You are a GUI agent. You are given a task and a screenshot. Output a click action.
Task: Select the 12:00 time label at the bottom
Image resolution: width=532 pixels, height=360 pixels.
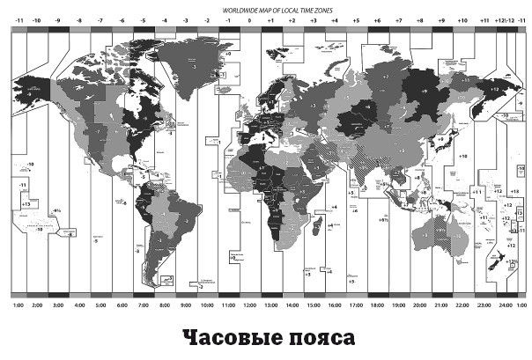tap(250, 305)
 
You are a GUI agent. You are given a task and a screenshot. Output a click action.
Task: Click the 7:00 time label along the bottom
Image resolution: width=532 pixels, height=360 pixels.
tap(143, 305)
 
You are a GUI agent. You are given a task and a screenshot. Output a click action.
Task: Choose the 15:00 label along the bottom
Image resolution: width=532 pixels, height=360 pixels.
tap(314, 305)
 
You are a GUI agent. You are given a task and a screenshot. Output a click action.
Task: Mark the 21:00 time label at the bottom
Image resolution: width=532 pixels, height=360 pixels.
tap(441, 305)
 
